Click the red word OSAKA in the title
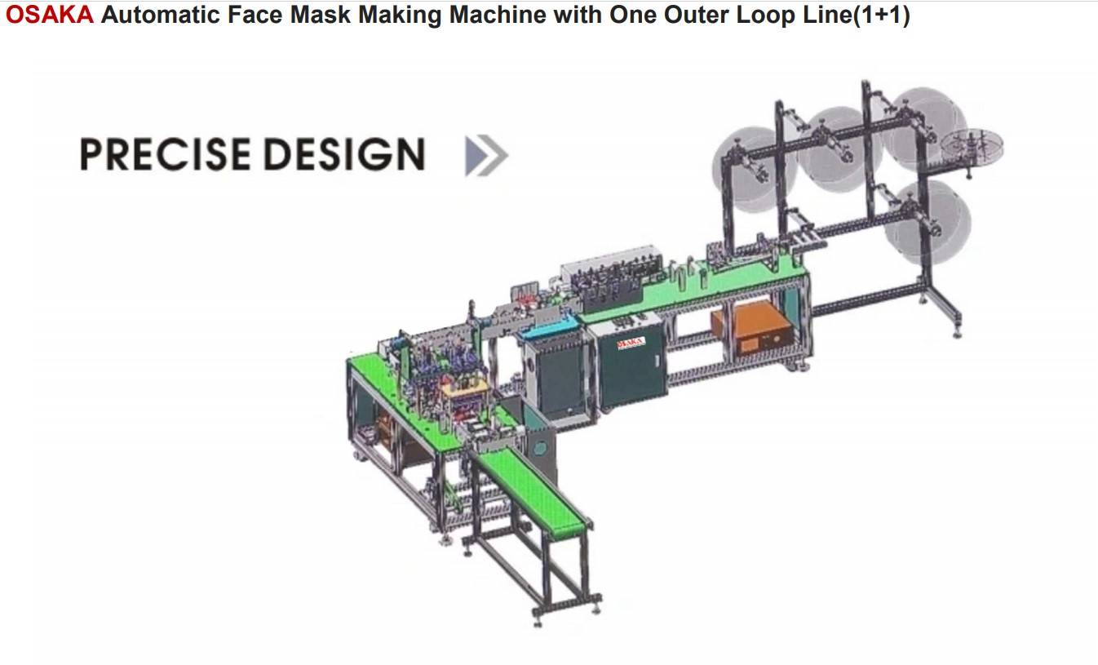pos(49,15)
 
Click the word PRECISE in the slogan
pos(166,154)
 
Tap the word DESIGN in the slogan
pos(344,154)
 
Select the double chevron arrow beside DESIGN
pos(486,155)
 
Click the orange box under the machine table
pos(751,327)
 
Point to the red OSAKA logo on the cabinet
pos(631,344)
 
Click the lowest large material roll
pos(928,222)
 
